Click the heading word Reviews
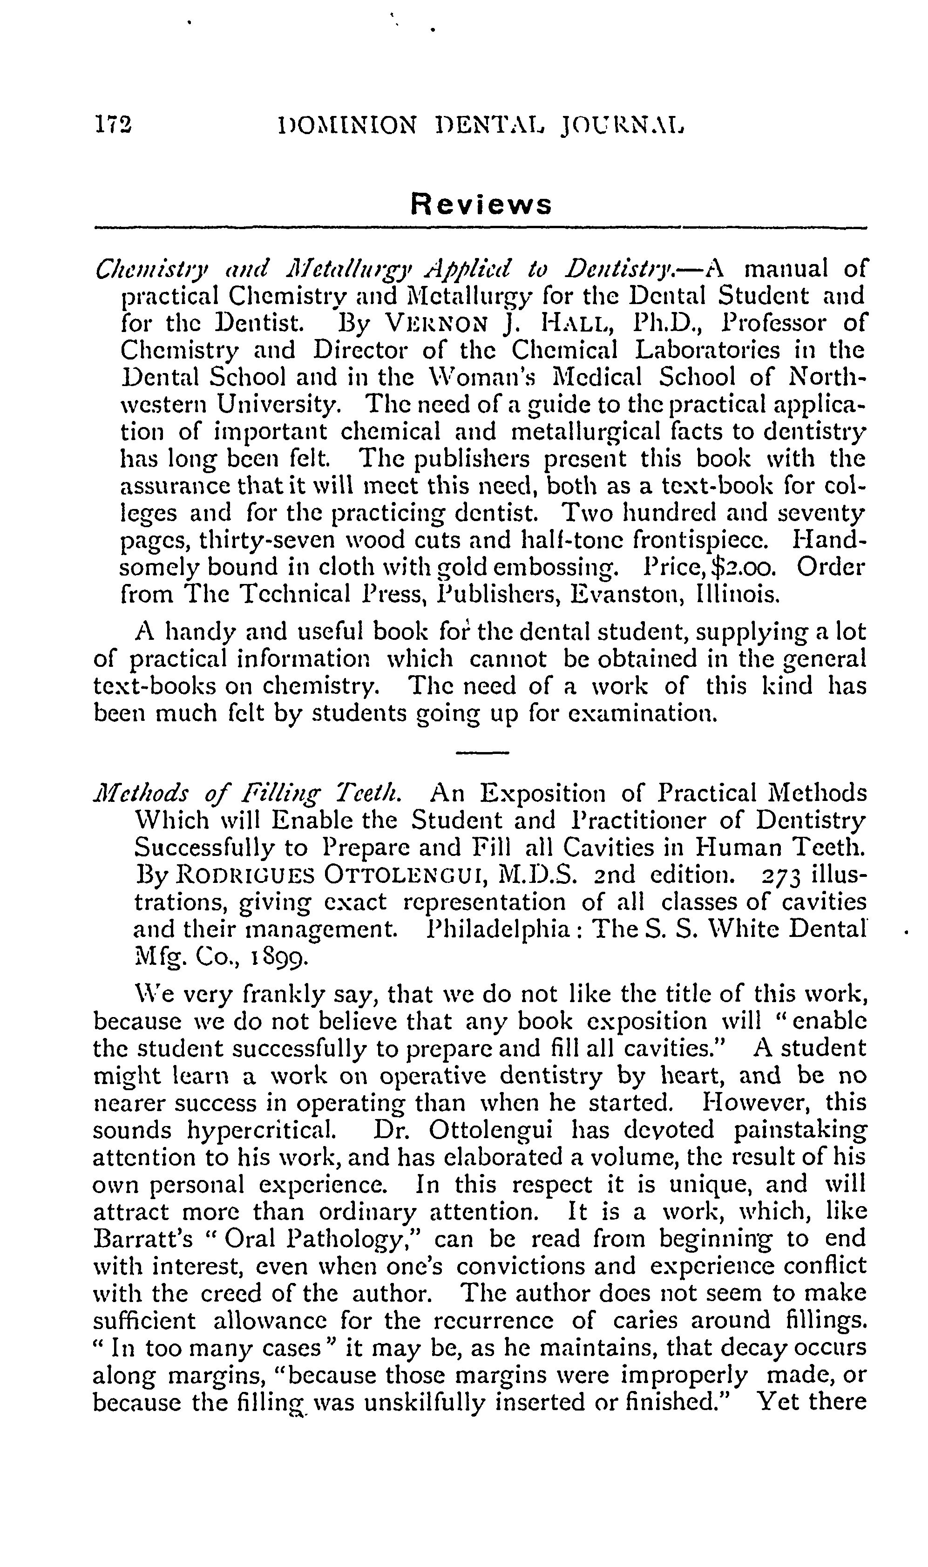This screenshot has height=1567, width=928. pyautogui.click(x=481, y=204)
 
